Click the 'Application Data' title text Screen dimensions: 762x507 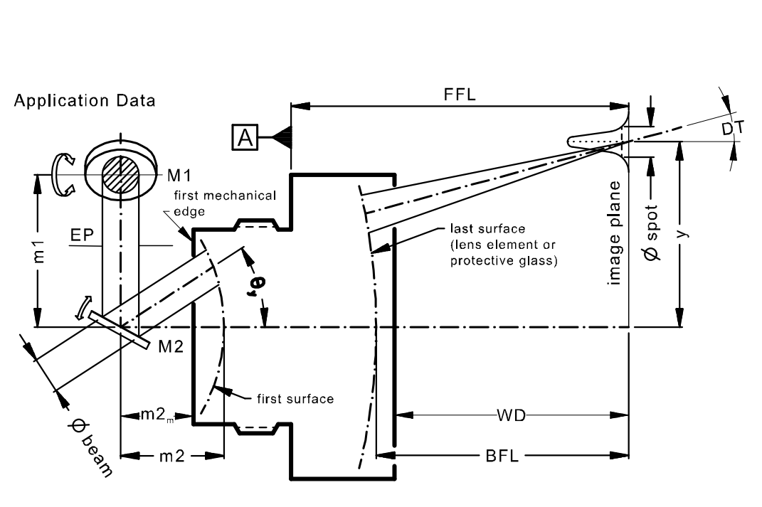point(85,101)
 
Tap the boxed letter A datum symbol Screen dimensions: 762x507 point(245,137)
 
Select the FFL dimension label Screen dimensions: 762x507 point(460,94)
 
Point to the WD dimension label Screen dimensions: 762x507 point(512,415)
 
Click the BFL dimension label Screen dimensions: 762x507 point(502,456)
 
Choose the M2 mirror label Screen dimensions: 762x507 point(171,346)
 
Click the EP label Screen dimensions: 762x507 point(82,235)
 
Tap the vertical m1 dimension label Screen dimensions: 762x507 point(39,252)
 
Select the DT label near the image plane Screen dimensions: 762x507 point(733,128)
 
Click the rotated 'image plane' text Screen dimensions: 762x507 point(615,233)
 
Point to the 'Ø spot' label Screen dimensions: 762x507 point(652,233)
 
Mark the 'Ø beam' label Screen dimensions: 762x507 point(92,447)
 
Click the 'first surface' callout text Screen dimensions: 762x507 point(295,399)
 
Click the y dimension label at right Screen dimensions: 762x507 point(683,233)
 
